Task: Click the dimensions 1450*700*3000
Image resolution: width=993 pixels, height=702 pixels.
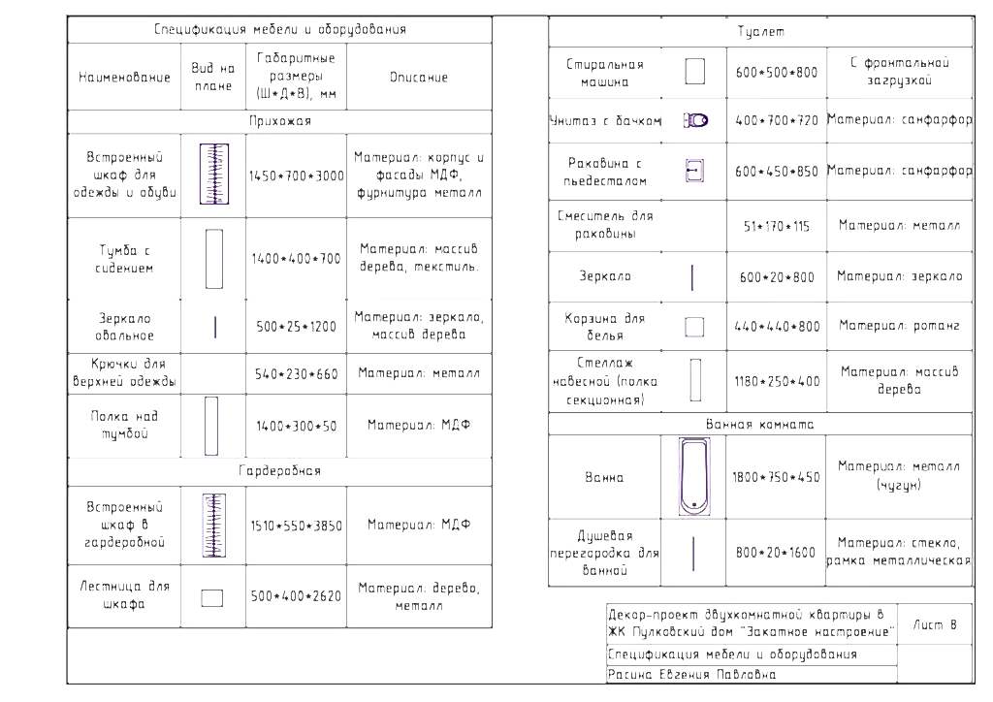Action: tap(296, 176)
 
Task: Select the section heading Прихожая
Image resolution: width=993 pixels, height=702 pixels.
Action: tap(279, 122)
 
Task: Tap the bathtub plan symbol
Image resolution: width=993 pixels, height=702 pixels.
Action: tap(694, 477)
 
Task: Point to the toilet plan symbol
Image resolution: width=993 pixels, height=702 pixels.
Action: tap(695, 121)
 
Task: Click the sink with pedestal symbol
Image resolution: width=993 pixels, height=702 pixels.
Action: tap(692, 171)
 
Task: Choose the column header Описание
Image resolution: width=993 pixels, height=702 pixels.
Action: tap(419, 77)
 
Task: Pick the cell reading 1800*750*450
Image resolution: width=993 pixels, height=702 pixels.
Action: tap(777, 477)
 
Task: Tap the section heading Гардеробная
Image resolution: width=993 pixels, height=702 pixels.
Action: tap(279, 471)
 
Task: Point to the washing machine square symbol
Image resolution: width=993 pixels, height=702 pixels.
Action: tap(694, 73)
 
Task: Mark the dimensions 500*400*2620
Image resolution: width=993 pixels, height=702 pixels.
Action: tap(296, 596)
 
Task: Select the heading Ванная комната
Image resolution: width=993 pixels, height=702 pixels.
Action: tap(759, 425)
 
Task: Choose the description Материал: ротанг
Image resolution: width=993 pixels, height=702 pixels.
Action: tap(899, 327)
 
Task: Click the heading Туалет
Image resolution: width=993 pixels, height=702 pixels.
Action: tap(759, 32)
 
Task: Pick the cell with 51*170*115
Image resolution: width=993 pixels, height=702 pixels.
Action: tap(777, 226)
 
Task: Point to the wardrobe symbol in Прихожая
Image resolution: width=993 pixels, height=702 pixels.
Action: tap(213, 175)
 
